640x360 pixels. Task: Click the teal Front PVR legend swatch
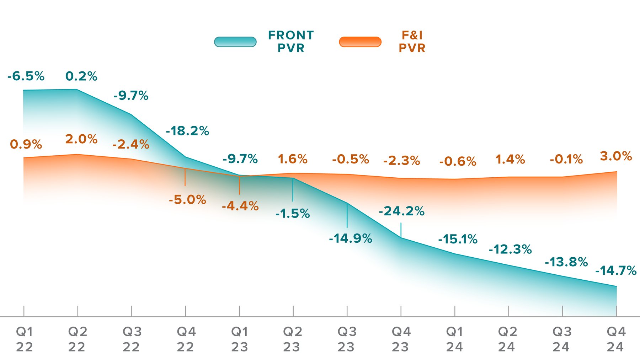click(235, 42)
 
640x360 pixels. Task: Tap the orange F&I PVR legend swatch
click(360, 42)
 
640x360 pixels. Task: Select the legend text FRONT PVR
click(291, 42)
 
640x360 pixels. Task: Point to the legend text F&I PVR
click(412, 42)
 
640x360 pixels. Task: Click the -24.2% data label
click(401, 211)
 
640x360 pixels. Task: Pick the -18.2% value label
click(187, 131)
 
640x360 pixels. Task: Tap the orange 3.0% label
click(616, 156)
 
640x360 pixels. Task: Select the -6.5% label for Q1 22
click(26, 76)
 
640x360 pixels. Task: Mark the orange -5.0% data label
click(187, 200)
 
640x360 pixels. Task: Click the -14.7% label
click(616, 270)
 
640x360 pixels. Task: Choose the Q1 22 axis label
click(25, 339)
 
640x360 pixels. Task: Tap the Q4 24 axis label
click(616, 339)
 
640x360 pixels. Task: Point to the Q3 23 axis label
click(347, 339)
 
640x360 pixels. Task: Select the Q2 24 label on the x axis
click(507, 339)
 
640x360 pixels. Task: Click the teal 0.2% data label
click(81, 76)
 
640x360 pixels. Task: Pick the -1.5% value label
click(293, 214)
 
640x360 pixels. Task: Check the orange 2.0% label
click(81, 139)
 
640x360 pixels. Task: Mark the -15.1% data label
click(458, 239)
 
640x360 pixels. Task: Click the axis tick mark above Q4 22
click(185, 311)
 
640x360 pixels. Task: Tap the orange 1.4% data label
click(510, 160)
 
